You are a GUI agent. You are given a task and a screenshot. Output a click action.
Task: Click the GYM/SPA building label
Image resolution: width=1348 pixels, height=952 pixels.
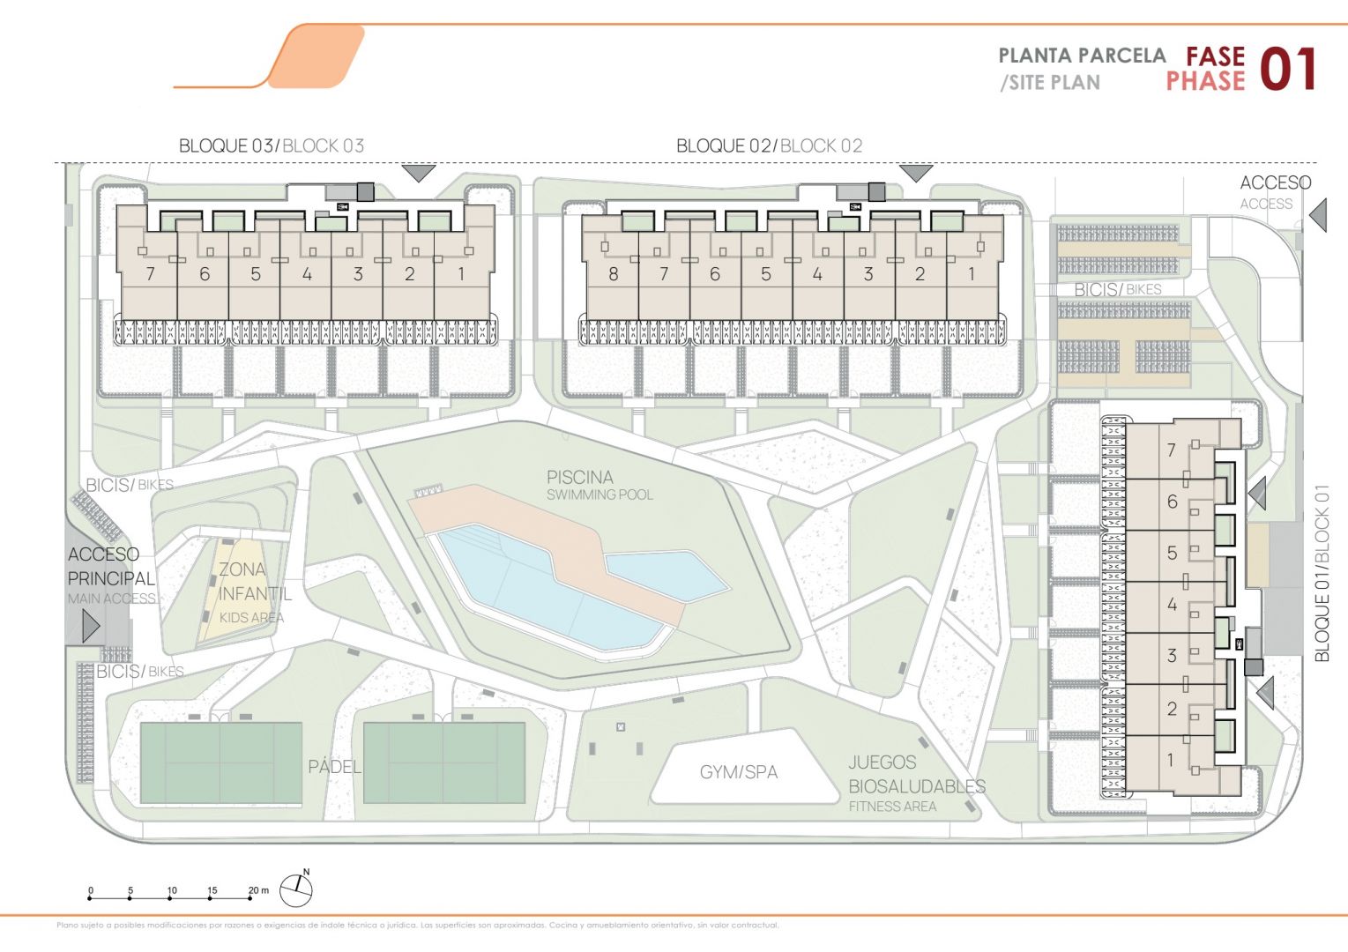click(x=739, y=772)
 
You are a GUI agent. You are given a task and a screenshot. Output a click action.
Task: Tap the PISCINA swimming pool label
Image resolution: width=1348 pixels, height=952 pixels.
click(x=580, y=478)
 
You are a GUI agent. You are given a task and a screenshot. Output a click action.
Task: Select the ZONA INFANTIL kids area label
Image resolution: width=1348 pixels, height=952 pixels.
click(x=254, y=582)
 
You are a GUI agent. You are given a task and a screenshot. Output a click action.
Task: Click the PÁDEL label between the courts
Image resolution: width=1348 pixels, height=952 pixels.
click(x=334, y=767)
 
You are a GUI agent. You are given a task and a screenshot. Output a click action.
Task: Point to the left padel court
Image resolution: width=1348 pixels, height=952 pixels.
click(x=220, y=762)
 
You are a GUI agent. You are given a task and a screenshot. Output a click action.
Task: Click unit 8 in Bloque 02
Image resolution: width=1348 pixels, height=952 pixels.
click(x=613, y=274)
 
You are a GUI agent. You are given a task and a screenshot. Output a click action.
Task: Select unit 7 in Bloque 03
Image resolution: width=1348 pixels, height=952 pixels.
click(x=150, y=274)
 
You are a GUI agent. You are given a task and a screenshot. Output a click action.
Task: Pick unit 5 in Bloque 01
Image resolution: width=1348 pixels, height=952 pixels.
click(x=1172, y=553)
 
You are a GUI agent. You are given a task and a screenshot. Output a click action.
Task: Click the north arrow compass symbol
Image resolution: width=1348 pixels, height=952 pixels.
click(x=296, y=890)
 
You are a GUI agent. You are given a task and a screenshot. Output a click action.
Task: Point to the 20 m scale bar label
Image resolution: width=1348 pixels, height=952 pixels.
click(x=257, y=890)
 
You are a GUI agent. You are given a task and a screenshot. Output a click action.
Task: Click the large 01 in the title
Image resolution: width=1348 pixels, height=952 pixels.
click(x=1288, y=71)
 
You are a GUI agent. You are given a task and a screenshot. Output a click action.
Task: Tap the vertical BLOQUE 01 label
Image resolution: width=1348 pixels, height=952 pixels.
click(x=1321, y=573)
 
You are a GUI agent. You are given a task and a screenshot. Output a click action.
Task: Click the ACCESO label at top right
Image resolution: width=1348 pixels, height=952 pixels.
click(x=1275, y=183)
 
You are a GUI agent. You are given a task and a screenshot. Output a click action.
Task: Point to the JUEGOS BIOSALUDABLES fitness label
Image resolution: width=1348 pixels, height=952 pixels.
click(x=916, y=775)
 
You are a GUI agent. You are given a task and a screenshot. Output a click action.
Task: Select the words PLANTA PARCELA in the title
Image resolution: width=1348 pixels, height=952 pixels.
click(x=1082, y=56)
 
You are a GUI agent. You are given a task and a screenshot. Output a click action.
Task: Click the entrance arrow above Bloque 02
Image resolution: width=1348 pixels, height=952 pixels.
click(x=916, y=173)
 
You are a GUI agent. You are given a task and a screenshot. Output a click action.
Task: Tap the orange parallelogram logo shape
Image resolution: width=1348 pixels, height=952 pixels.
click(x=316, y=56)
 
